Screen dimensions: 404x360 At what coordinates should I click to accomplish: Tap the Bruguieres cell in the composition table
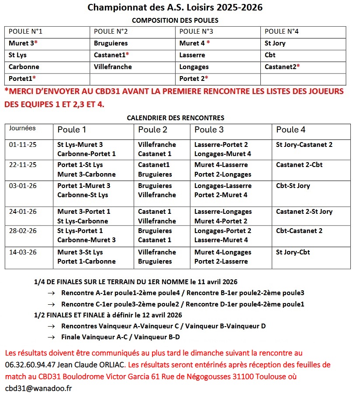click(111, 43)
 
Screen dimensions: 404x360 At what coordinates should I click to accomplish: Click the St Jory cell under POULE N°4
click(275, 43)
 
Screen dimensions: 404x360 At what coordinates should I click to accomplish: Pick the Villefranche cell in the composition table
click(113, 67)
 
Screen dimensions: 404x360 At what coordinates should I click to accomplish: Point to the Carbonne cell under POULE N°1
click(24, 67)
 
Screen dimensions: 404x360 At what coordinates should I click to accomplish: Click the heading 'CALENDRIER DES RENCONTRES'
click(175, 118)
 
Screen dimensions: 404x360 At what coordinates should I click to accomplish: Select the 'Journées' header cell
click(22, 129)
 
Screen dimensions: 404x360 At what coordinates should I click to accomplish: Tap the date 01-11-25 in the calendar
click(20, 145)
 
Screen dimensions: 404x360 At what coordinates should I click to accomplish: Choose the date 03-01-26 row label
click(20, 186)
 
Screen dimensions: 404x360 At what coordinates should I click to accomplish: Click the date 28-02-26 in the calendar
click(20, 231)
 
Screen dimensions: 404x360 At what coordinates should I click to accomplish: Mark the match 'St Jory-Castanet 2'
click(304, 145)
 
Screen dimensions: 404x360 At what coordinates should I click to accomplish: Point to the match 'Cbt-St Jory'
click(293, 186)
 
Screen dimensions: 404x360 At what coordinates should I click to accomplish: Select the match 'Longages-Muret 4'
click(223, 154)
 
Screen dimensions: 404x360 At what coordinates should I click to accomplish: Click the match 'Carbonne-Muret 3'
click(87, 240)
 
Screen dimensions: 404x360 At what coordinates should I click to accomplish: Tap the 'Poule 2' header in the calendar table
click(153, 130)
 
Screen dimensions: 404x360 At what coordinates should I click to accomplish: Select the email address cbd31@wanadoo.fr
click(38, 388)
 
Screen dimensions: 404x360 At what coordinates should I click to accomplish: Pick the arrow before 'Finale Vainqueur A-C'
click(52, 337)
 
